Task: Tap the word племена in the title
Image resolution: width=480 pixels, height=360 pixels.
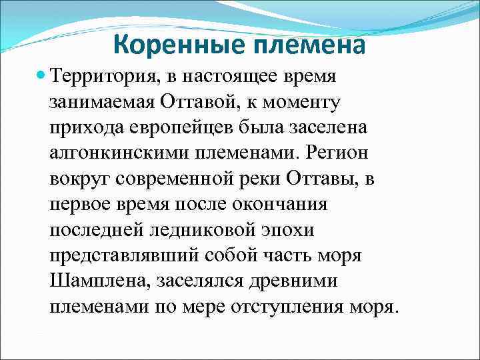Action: click(x=311, y=45)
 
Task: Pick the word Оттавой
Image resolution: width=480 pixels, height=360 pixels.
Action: click(x=199, y=103)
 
